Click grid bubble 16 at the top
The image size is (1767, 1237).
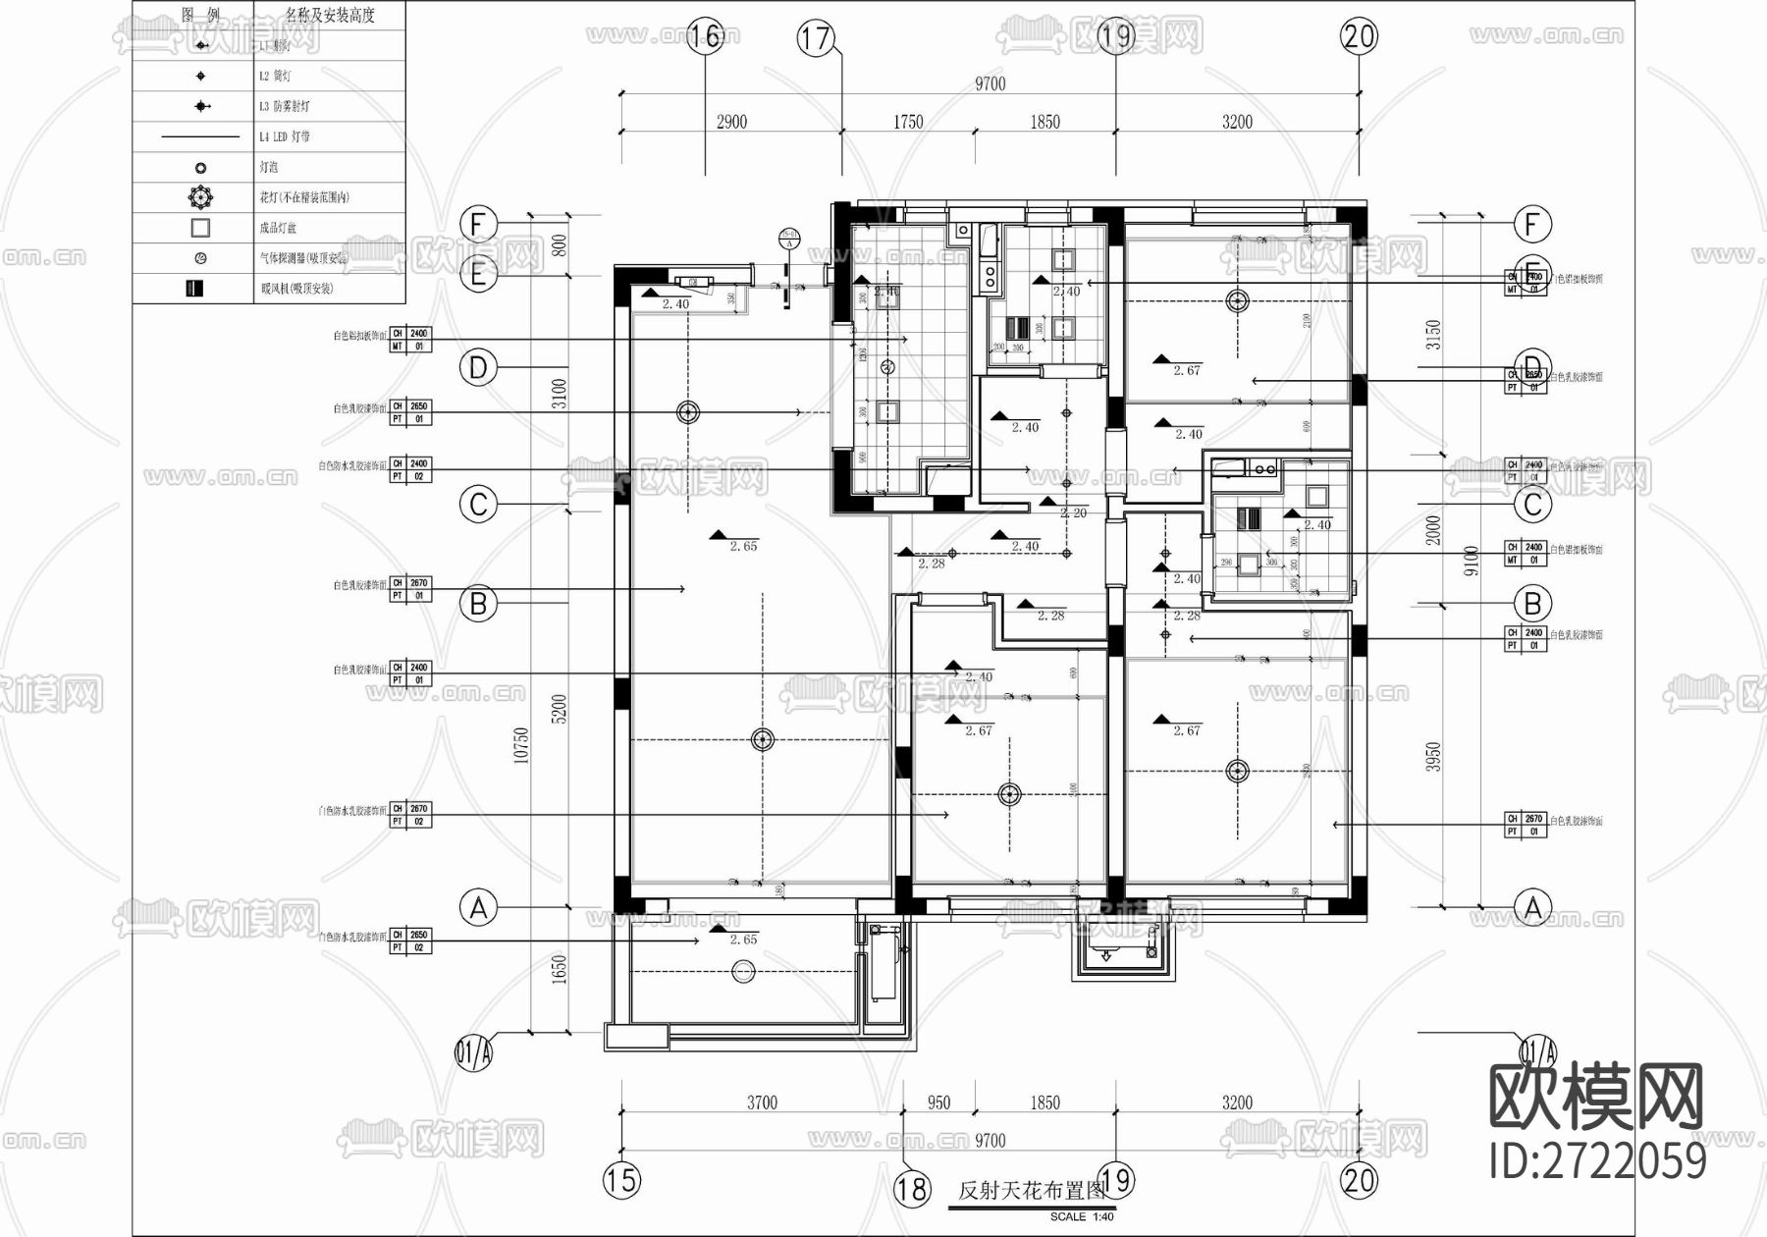705,37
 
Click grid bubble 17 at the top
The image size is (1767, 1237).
815,38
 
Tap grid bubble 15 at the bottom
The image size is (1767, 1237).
620,1179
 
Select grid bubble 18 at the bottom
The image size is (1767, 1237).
911,1189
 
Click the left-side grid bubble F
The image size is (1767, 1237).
478,224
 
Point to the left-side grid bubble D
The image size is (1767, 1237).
478,368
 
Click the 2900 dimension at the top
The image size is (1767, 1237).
731,122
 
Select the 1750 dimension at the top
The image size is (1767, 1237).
908,122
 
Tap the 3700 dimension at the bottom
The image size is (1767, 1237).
762,1103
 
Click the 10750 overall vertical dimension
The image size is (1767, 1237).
521,746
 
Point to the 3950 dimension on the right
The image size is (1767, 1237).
1434,756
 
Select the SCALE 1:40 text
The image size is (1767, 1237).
1082,1217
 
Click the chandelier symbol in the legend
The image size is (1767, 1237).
200,197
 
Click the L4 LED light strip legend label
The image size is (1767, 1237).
285,136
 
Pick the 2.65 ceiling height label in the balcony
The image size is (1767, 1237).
743,940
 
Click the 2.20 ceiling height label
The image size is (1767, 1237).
1073,512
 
